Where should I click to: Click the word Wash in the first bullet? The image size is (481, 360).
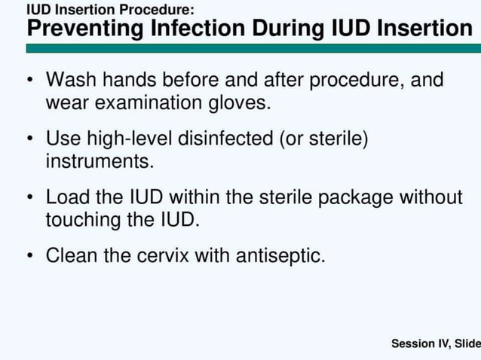[x=70, y=80]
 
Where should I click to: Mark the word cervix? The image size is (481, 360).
[x=164, y=256]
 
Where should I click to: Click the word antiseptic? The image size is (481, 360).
[x=280, y=256]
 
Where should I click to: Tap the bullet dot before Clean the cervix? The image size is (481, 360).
[x=29, y=256]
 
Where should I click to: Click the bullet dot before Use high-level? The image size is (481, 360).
[x=29, y=139]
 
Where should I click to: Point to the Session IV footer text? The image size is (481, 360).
[x=436, y=344]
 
